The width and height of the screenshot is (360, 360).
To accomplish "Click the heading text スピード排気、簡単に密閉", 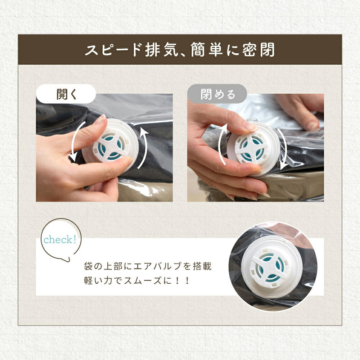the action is (x=180, y=50).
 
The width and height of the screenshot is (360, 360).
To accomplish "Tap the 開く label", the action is (x=66, y=94).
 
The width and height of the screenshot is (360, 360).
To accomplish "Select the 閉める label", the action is (x=218, y=94).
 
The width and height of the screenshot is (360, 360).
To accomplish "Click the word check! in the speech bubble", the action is (x=60, y=240).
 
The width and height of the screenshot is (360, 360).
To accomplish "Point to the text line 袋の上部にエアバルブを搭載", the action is (x=147, y=266).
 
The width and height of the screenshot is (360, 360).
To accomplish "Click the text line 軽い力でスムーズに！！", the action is (x=136, y=280).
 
